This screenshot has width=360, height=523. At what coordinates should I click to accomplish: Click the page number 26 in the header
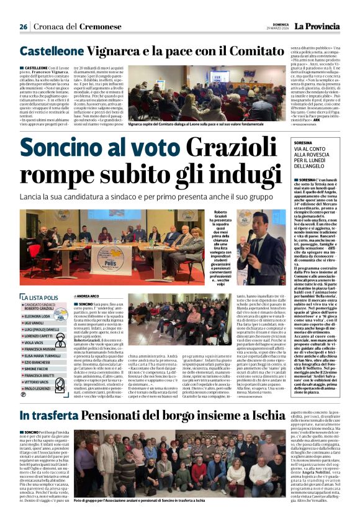pyautogui.click(x=23, y=27)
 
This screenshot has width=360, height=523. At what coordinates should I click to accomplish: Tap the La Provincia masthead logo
pyautogui.click(x=317, y=26)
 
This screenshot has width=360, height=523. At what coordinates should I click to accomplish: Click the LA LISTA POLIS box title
pyautogui.click(x=42, y=298)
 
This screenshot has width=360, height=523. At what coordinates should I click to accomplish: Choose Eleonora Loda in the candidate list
pyautogui.click(x=38, y=316)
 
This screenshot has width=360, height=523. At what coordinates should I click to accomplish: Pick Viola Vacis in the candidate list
pyautogui.click(x=34, y=342)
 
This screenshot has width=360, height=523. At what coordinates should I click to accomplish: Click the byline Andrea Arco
pyautogui.click(x=87, y=296)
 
